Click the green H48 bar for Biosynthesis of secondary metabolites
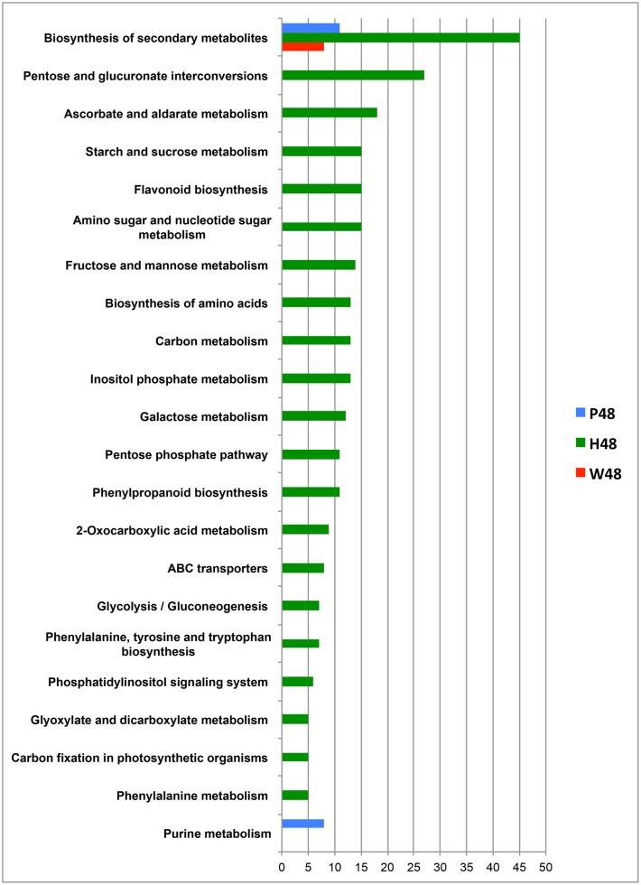[x=400, y=37]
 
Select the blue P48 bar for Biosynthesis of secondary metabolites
[x=311, y=27]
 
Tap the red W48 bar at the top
[x=302, y=46]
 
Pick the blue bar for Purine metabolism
[x=302, y=824]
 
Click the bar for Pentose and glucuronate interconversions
[x=353, y=75]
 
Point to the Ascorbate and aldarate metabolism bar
[x=330, y=113]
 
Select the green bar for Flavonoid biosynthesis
[x=321, y=189]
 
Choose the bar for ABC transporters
[x=302, y=568]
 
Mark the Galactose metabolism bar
[x=313, y=416]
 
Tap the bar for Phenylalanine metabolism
[x=295, y=796]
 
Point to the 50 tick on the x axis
[x=545, y=868]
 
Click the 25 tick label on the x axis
[x=413, y=868]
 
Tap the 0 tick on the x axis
[x=282, y=868]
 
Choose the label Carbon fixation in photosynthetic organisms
[x=140, y=758]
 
